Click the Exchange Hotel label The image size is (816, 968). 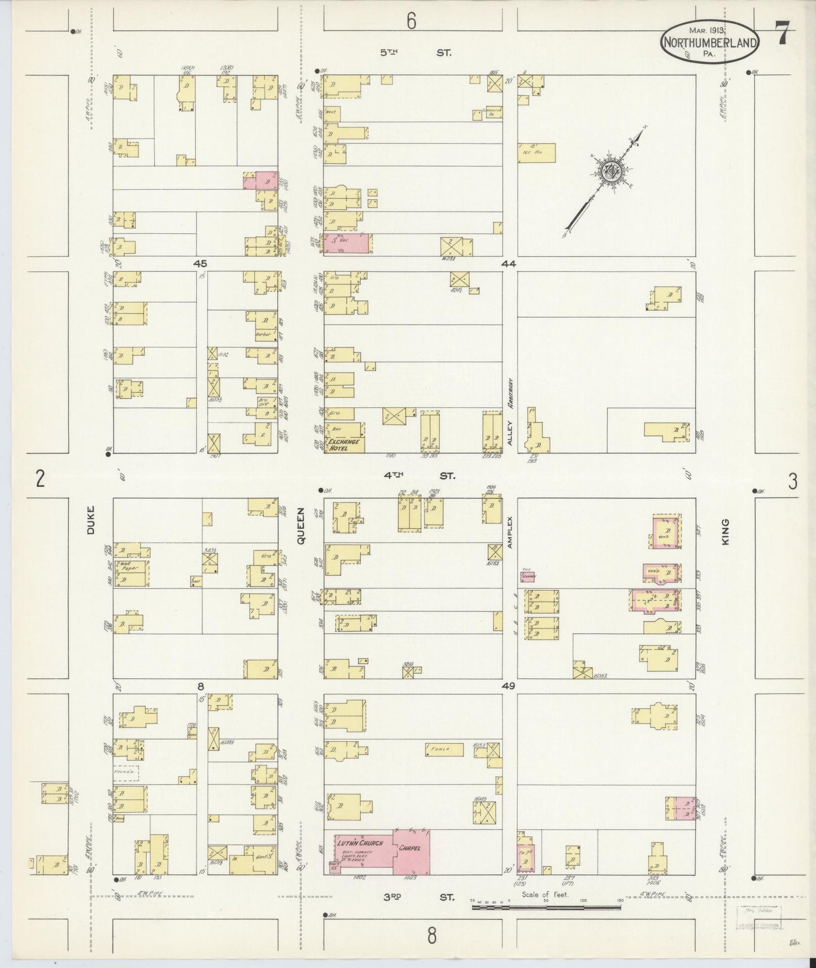pos(344,444)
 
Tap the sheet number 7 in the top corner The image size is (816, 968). pos(782,34)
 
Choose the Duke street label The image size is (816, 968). pos(91,519)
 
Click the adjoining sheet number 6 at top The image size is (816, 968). pos(411,21)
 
